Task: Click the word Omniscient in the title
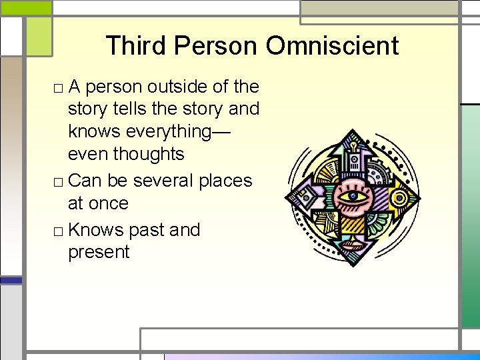click(332, 46)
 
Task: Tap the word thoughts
click(148, 154)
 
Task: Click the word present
click(99, 253)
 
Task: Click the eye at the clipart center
click(351, 197)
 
